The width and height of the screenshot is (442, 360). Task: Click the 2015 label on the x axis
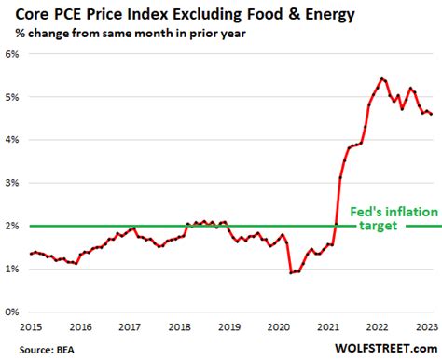pyautogui.click(x=33, y=327)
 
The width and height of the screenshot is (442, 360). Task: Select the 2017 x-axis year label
pyautogui.click(x=129, y=327)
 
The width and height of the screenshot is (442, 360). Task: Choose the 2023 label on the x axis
pyautogui.click(x=424, y=327)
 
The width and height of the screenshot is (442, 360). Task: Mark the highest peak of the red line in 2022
pyautogui.click(x=382, y=78)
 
